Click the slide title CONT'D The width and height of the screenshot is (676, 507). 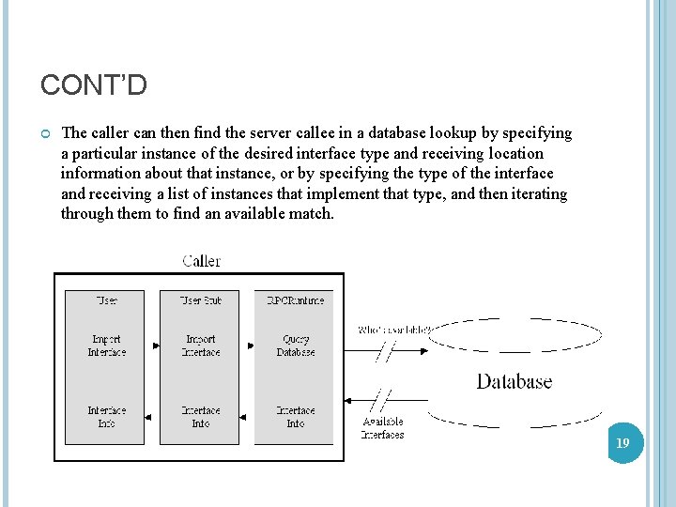click(94, 86)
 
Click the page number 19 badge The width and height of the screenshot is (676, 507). click(622, 441)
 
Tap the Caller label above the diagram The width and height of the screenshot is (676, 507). click(202, 260)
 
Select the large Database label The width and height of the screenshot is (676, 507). click(514, 381)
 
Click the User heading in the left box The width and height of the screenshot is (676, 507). click(107, 300)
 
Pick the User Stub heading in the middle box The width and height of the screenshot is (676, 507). click(201, 300)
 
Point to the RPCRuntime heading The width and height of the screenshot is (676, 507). click(295, 300)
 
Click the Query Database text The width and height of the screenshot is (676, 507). click(295, 346)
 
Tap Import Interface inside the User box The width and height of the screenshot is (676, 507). click(107, 346)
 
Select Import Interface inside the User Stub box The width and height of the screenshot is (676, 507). click(201, 346)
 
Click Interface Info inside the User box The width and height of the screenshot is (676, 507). click(107, 417)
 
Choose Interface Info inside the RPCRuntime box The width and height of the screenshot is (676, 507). click(295, 417)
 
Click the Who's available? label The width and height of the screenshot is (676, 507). click(393, 330)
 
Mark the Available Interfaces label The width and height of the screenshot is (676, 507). click(383, 428)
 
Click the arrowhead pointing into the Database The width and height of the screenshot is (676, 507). click(423, 351)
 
